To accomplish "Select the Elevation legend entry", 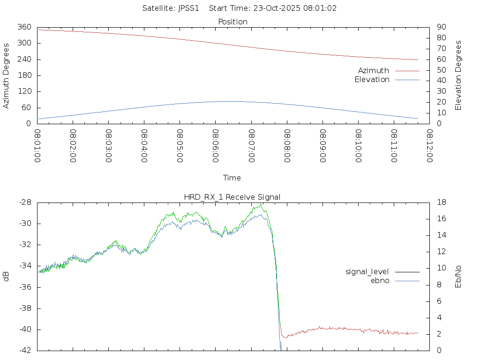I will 372,80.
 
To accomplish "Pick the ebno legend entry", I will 380,281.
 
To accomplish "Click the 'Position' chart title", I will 233,22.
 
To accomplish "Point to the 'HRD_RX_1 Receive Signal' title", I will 232,197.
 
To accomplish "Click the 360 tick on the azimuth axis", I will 25,27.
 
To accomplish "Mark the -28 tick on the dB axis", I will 25,202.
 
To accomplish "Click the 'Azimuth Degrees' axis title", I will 6,76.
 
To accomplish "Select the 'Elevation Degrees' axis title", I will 458,75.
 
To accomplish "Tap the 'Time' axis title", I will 232,178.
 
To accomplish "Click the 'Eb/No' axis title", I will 458,277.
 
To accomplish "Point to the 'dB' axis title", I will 6,277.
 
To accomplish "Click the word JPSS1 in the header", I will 187,8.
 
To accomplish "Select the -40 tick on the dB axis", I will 25,330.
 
